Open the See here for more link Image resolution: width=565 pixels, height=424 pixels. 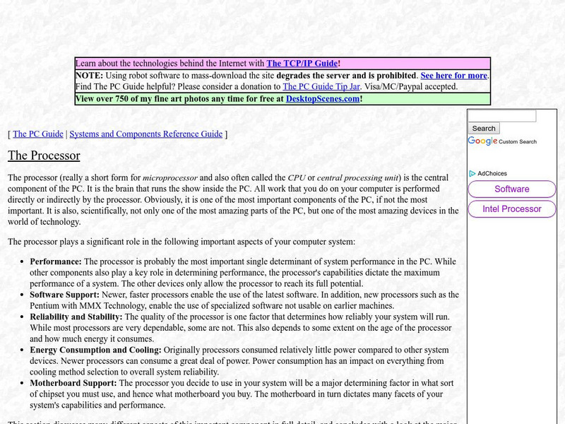453,76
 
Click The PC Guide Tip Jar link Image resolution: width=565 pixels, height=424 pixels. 321,87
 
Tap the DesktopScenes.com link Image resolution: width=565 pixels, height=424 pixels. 322,99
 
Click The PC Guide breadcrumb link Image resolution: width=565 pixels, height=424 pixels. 38,134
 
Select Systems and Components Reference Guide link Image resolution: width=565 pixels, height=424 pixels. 145,134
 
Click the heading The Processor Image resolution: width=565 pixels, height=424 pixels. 44,155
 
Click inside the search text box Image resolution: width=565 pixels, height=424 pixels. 502,116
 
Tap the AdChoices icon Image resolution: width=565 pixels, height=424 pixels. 472,173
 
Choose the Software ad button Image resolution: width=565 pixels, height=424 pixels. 512,189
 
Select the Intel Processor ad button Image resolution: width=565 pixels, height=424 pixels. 512,209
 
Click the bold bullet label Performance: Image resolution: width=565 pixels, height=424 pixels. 56,261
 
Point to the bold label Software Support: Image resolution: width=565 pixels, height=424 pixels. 68,295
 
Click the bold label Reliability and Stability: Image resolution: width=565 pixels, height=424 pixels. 76,317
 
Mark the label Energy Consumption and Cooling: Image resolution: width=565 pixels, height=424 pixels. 95,350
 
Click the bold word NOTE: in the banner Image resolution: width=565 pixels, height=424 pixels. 89,76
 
